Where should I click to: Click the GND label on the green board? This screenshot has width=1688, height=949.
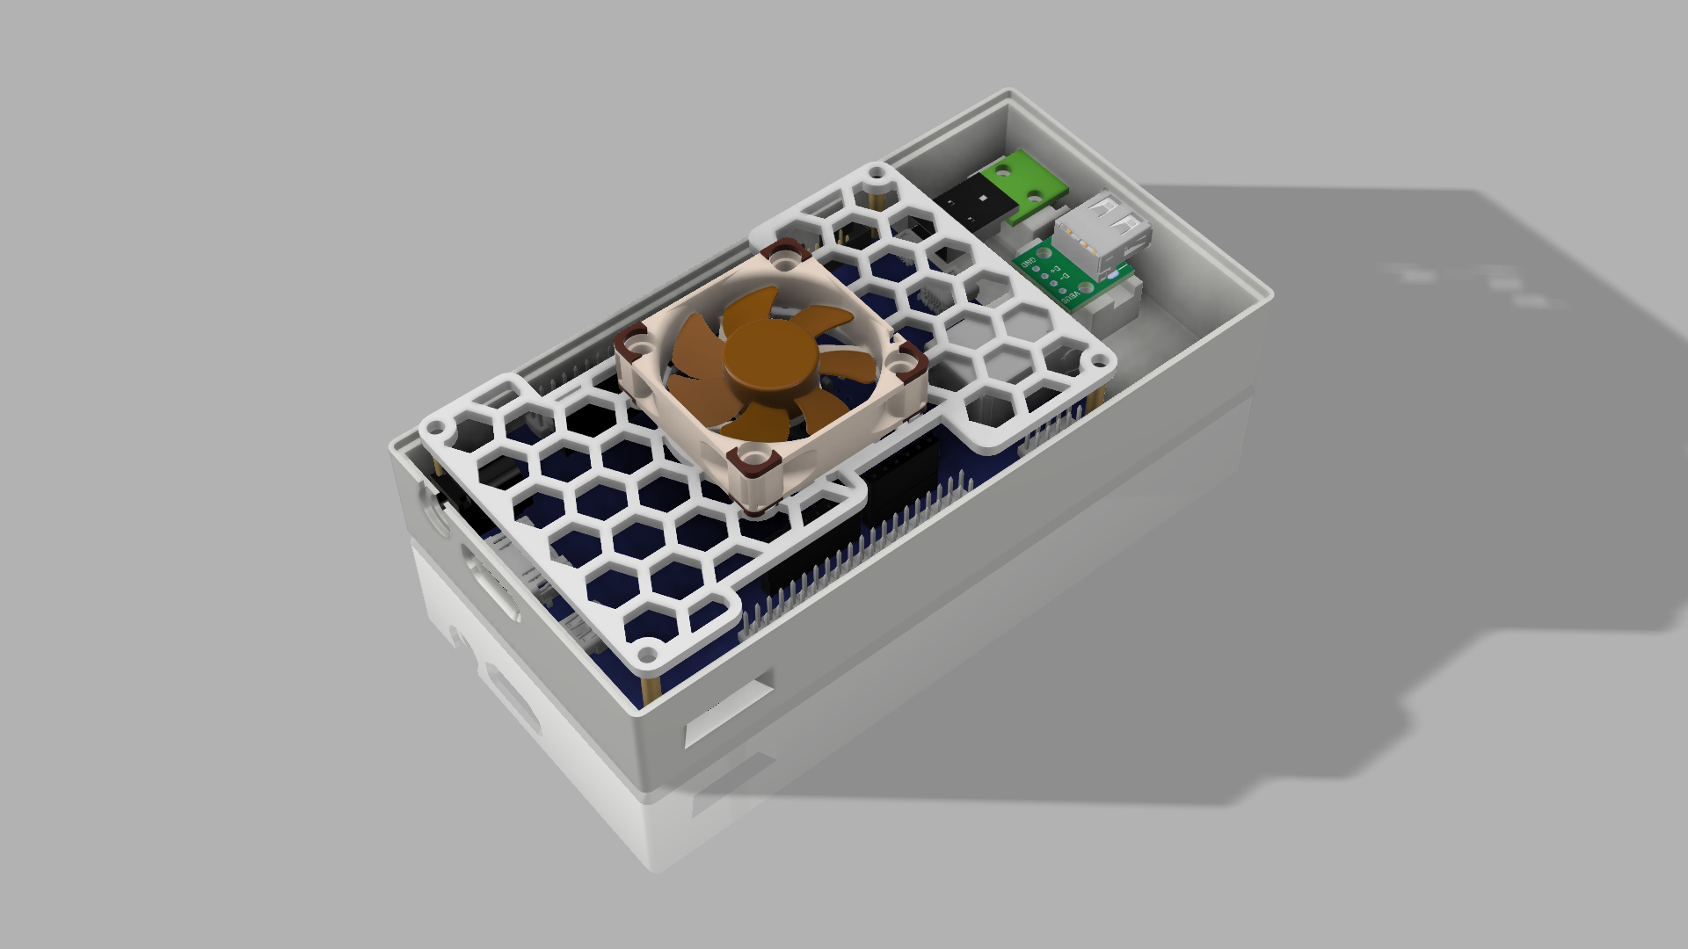tap(1030, 260)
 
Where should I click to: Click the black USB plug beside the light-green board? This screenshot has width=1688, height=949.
tap(971, 204)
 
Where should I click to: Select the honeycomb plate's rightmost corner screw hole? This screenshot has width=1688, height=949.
tap(1099, 360)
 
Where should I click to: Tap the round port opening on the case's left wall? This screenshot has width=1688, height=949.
tap(437, 518)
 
